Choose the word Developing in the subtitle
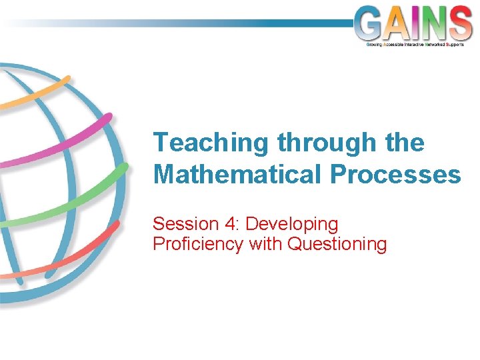pos(292,224)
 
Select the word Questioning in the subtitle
pos(337,244)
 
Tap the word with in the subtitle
pos(265,244)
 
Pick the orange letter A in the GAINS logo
pos(398,23)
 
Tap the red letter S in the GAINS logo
pos(461,23)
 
